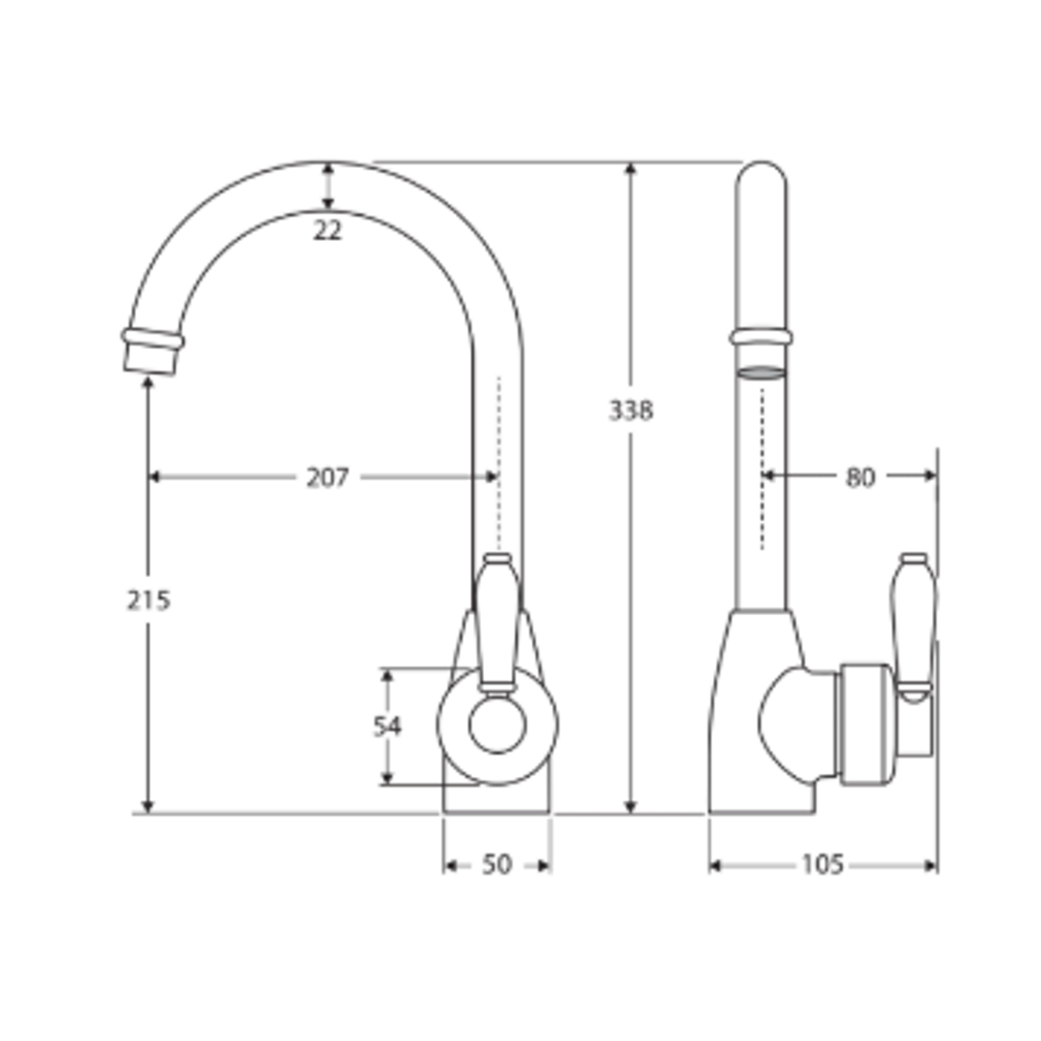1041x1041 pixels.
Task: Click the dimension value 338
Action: (x=630, y=411)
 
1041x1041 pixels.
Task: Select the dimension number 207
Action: (x=328, y=477)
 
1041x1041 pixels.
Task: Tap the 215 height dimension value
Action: (x=148, y=600)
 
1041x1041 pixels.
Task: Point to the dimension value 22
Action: (x=328, y=231)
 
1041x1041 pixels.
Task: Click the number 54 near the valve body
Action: (x=387, y=726)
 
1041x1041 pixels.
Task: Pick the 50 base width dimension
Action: (x=496, y=865)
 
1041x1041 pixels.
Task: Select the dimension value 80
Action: (x=860, y=476)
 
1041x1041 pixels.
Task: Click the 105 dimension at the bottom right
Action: (x=822, y=865)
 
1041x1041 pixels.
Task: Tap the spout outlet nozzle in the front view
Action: (x=151, y=352)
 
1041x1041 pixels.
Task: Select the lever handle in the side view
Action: (x=913, y=622)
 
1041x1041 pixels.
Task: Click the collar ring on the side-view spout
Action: (x=761, y=336)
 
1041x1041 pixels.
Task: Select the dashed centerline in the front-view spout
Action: (x=498, y=463)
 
